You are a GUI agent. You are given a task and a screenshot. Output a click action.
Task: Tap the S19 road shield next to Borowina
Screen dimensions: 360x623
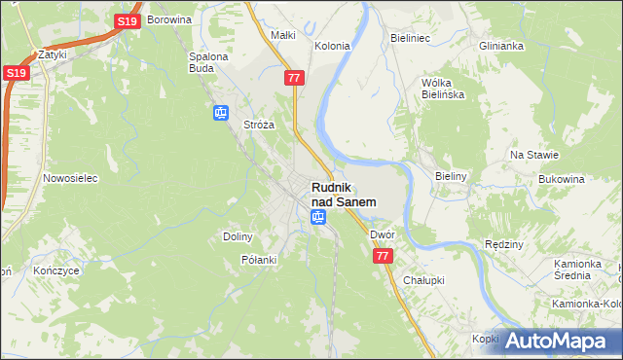click(x=126, y=20)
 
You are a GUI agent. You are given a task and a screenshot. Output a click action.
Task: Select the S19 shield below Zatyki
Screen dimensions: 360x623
click(x=15, y=73)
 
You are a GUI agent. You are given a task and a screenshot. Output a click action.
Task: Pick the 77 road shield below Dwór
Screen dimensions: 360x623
click(x=383, y=255)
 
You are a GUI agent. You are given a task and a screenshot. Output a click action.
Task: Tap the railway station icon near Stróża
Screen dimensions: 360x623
click(x=221, y=113)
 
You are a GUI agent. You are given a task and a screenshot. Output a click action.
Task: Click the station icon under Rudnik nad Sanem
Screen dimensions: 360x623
click(x=317, y=217)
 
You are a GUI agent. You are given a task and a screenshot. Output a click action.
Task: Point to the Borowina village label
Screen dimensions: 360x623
click(x=172, y=19)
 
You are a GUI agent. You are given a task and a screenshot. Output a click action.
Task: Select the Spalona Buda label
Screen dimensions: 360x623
click(x=207, y=62)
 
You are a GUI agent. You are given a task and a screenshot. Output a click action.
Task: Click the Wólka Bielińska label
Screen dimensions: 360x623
click(x=442, y=89)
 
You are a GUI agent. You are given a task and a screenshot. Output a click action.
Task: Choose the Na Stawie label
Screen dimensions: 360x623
click(x=534, y=155)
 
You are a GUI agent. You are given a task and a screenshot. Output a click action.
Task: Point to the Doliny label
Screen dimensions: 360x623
click(x=238, y=236)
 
